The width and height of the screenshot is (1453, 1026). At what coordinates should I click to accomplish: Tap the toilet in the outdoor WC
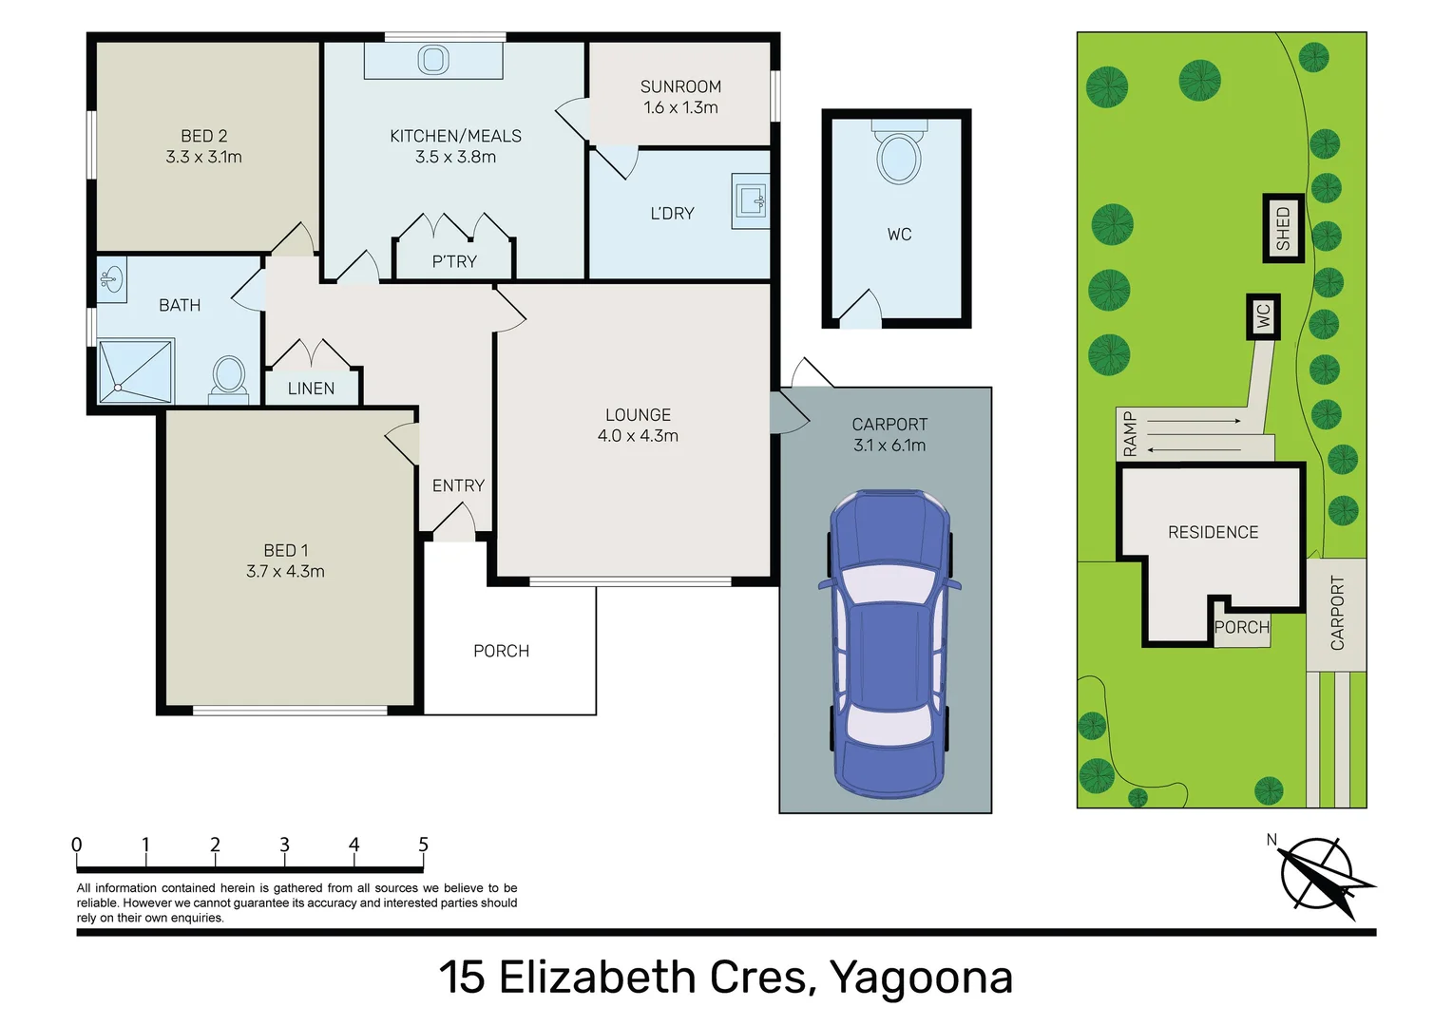898,156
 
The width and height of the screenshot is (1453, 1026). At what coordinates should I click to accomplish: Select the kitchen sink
433,61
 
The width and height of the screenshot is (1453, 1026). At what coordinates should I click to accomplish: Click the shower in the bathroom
136,370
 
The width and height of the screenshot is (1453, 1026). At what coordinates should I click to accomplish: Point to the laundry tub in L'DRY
750,200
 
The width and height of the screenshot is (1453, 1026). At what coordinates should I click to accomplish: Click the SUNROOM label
680,86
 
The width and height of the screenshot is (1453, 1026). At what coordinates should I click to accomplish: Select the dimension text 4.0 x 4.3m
638,436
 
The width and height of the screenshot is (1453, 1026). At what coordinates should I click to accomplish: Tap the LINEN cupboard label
311,389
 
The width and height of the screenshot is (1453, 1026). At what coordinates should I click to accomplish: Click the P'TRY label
454,261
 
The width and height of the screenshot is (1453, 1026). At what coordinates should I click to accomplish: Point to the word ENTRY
458,485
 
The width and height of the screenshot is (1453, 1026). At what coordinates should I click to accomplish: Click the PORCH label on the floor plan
501,651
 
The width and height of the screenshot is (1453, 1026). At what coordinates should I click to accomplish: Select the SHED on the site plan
1283,228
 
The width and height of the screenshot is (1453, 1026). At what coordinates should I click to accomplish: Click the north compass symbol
1318,874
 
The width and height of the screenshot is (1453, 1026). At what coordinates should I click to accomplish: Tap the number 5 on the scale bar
423,845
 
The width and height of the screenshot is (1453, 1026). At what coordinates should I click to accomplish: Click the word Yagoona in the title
921,978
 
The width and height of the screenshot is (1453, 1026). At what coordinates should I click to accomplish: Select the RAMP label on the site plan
1130,434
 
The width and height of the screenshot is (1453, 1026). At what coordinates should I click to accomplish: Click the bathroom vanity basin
111,280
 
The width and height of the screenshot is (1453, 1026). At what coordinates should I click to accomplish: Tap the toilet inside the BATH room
228,377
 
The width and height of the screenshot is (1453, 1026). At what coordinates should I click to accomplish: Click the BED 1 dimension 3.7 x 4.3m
285,571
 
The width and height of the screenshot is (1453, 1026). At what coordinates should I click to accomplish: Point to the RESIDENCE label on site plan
1213,532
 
